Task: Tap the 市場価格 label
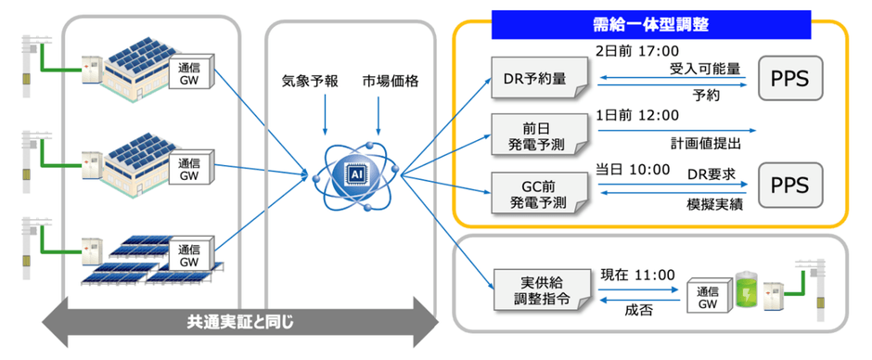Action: [391, 82]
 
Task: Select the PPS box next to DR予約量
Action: [789, 81]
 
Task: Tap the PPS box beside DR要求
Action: [789, 186]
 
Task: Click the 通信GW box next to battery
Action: [707, 296]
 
